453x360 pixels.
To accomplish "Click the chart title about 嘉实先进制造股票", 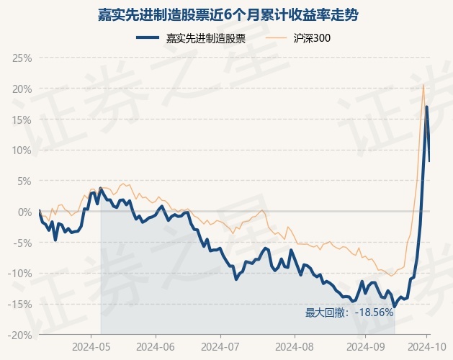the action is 228,15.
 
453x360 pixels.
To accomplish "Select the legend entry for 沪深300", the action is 312,38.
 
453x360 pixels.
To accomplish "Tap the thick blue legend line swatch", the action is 148,37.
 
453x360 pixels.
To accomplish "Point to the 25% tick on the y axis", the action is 22,58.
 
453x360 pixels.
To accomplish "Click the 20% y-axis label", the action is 22,89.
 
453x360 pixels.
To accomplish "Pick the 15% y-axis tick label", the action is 22,120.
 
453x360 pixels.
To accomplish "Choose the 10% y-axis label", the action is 22,150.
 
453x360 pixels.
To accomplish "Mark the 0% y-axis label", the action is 24,212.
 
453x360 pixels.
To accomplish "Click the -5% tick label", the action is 22,243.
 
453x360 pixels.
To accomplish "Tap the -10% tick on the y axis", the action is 20,274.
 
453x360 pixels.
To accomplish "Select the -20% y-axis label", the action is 20,335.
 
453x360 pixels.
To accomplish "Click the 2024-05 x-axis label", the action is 91,347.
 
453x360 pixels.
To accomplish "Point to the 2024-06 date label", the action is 156,347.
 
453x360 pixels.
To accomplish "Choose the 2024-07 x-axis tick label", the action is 220,347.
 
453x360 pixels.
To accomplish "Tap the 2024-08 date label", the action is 295,347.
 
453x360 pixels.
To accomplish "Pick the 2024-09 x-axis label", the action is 365,347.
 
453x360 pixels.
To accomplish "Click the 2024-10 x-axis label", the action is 427,347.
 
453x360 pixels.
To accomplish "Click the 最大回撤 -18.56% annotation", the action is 349,312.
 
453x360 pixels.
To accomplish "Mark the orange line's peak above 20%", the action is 423,85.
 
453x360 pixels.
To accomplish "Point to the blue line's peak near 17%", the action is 426,107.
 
